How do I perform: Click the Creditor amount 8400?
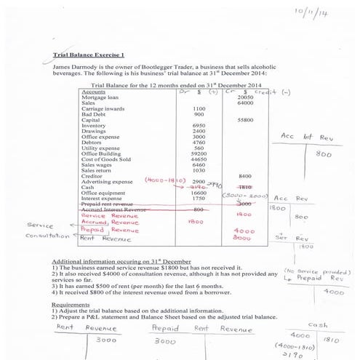tap(245, 175)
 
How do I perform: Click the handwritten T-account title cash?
tap(318, 325)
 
